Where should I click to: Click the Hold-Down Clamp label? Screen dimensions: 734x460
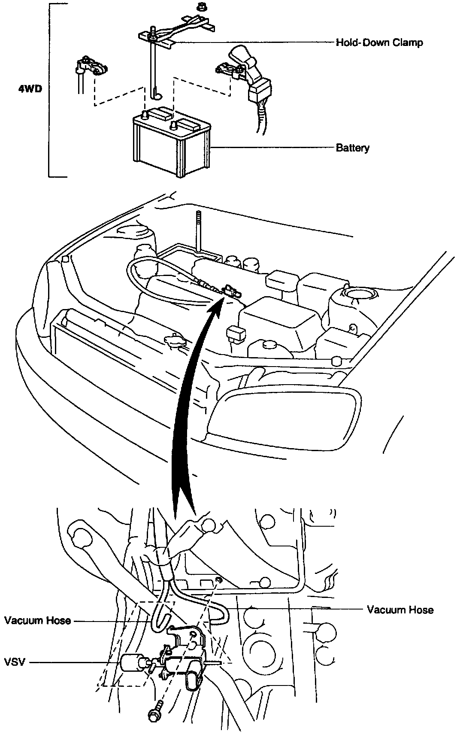point(379,42)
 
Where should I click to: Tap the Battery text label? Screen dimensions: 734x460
point(352,148)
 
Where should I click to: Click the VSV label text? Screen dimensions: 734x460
point(15,662)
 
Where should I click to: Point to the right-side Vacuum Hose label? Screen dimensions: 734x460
point(400,610)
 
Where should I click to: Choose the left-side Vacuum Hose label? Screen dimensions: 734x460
point(38,620)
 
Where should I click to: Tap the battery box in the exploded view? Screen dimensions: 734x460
point(172,146)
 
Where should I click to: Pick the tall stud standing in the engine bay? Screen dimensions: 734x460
point(199,232)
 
